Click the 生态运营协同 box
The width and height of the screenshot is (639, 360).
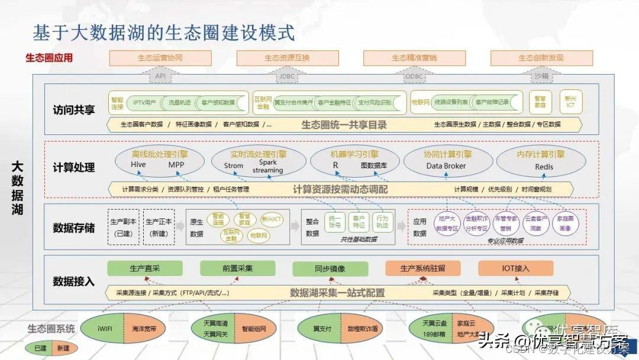point(160,58)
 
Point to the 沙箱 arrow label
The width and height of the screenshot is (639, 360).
point(541,76)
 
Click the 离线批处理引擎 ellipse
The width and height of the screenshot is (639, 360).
point(160,160)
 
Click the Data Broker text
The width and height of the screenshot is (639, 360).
point(446,166)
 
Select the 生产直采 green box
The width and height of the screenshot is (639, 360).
point(145,268)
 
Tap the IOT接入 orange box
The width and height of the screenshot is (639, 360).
point(515,268)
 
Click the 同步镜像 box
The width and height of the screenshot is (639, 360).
point(330,268)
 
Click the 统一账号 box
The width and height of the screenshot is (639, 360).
point(335,221)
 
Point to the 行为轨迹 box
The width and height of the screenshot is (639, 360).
point(382,221)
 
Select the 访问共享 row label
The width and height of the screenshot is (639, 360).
point(73,110)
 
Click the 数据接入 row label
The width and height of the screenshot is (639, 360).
point(73,281)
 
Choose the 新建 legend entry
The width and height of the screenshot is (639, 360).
point(63,349)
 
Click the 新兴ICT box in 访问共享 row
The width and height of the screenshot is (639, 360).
point(570,102)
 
